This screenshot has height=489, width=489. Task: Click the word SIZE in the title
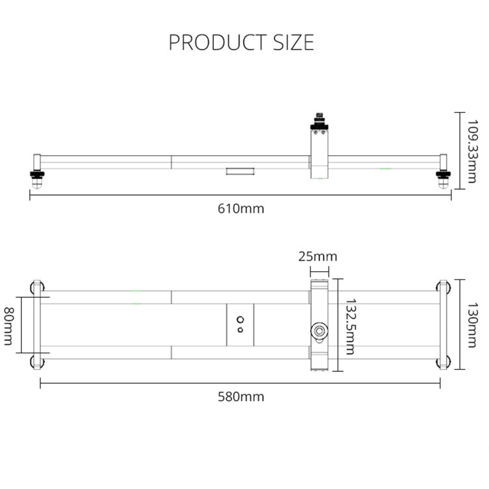click(291, 42)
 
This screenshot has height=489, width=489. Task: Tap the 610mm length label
click(241, 209)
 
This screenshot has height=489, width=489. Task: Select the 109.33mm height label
click(473, 147)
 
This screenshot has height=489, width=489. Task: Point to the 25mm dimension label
click(318, 256)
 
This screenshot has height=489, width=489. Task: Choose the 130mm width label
click(473, 324)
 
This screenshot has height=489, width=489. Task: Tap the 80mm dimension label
click(9, 327)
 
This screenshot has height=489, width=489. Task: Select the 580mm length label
click(241, 396)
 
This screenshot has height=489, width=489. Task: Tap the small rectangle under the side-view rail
click(239, 171)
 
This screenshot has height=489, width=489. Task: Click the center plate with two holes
click(241, 325)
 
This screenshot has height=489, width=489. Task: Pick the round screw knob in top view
click(319, 331)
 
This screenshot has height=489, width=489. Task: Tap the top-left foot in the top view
click(35, 287)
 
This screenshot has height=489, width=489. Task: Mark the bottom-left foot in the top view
click(35, 363)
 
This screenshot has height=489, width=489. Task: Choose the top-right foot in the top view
click(444, 287)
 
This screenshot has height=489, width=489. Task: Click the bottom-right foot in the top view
click(444, 363)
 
